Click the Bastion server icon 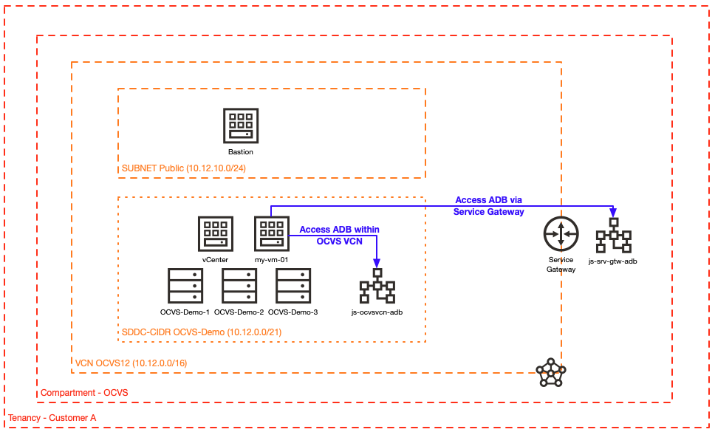240,126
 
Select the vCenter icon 215,234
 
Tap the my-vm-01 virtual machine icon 271,234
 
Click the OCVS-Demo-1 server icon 185,286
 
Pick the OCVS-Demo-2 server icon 239,286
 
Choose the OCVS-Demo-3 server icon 293,286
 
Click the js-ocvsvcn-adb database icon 377,287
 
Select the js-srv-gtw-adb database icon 613,236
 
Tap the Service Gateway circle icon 561,235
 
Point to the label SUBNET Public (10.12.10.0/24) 184,169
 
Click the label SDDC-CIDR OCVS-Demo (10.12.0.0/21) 201,332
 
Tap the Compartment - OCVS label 84,393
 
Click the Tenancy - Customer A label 52,419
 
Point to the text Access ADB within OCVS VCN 339,235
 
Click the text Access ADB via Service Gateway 488,206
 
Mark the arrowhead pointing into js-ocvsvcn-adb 377,264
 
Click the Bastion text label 240,152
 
